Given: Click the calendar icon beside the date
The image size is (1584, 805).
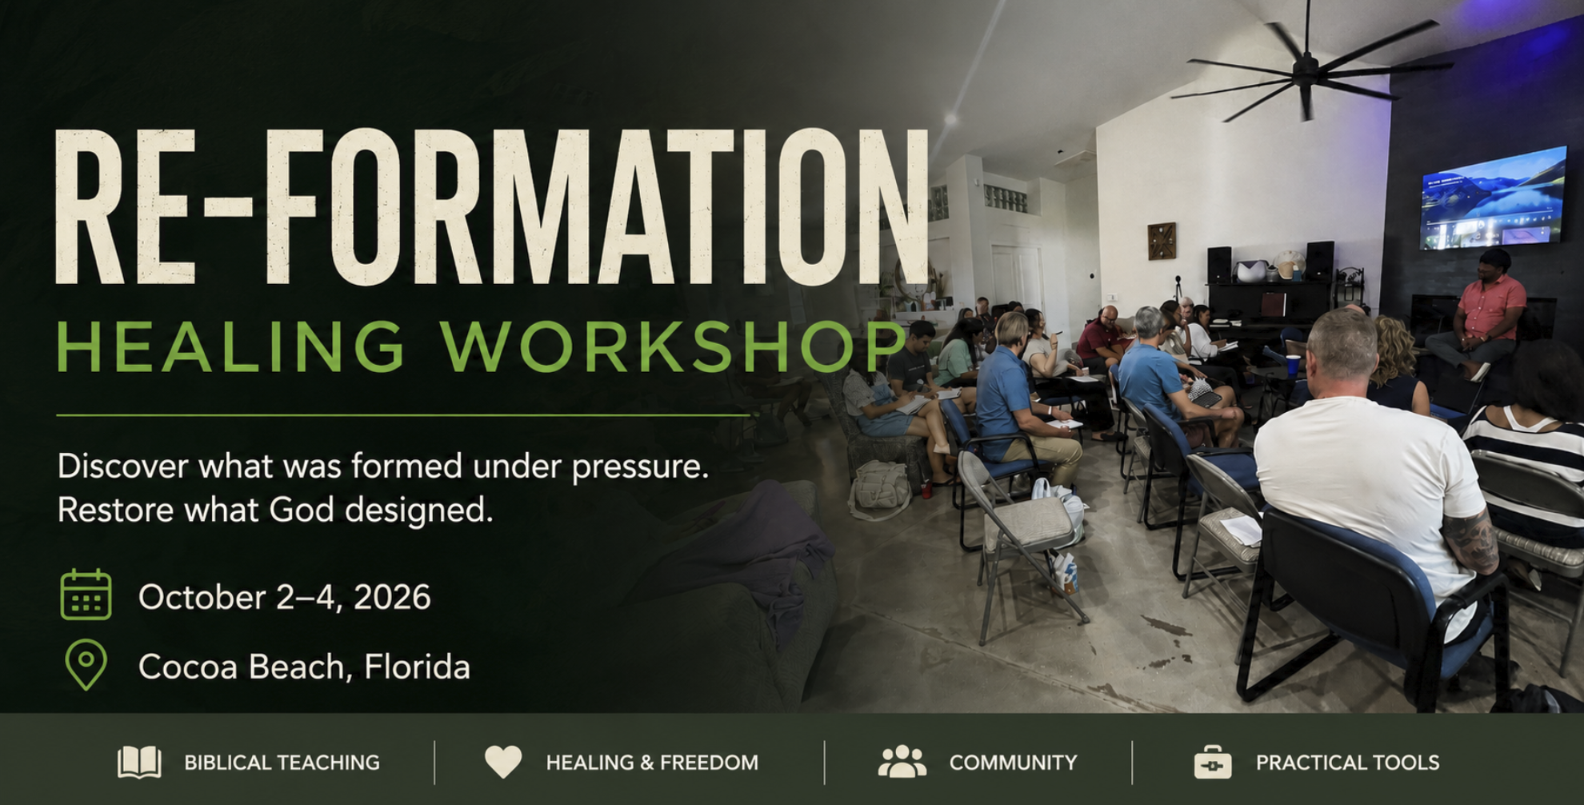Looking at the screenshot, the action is [86, 595].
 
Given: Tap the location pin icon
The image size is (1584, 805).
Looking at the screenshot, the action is [86, 664].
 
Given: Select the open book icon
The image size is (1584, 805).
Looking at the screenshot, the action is [139, 762].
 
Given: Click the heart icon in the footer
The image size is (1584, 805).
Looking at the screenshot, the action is [503, 762].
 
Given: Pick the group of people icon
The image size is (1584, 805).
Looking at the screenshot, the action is [902, 762].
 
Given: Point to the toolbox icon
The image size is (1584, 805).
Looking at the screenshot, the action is [1213, 762].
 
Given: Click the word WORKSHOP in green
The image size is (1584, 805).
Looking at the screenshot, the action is [674, 346].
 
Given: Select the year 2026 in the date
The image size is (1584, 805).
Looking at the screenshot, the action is [392, 597].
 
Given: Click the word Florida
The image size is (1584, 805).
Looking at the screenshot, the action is [417, 667].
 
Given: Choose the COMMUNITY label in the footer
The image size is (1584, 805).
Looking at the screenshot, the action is [1013, 763].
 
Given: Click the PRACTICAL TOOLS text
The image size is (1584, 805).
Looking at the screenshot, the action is [1347, 763].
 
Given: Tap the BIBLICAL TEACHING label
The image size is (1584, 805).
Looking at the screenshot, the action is [282, 763].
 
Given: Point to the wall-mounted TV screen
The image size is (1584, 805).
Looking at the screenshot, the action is [1493, 197].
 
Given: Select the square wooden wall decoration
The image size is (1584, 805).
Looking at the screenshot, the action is [1162, 241].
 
